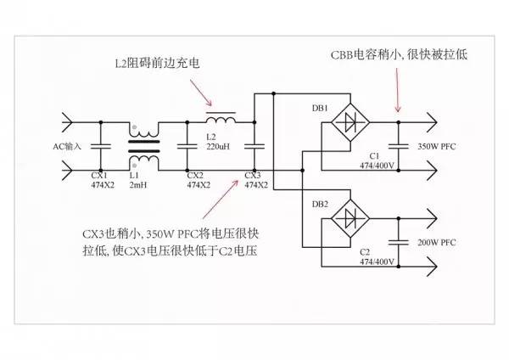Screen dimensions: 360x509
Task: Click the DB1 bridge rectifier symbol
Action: coord(347,122)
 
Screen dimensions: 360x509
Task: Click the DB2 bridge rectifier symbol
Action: coord(347,220)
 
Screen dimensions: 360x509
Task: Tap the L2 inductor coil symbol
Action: coord(221,117)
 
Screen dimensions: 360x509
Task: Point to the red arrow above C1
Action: coord(397,89)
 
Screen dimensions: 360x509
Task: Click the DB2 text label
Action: coord(320,205)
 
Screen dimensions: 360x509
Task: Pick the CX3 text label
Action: coord(253,174)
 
